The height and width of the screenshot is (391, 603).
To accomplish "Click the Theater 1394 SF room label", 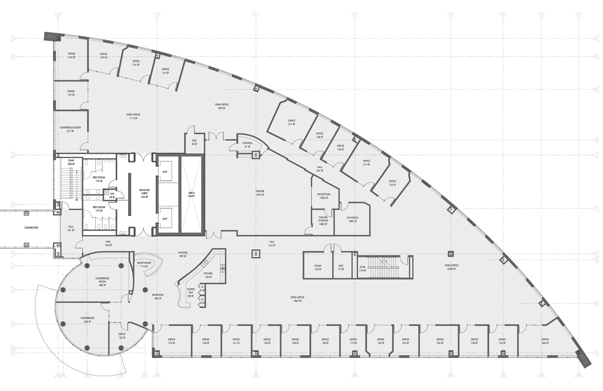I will click(x=260, y=193).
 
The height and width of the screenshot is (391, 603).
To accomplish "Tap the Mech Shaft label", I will click(x=191, y=195).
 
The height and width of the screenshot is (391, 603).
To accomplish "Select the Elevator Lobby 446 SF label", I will click(x=144, y=193).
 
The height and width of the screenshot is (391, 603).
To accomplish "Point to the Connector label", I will click(x=31, y=228).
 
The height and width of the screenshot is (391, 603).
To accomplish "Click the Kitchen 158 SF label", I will click(x=208, y=275).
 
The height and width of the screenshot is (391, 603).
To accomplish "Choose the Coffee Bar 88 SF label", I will click(x=191, y=293).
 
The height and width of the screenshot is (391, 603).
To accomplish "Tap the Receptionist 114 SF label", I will click(x=144, y=265).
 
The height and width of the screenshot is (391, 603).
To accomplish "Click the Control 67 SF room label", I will click(x=247, y=145).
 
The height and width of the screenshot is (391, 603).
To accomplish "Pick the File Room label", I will click(x=352, y=219).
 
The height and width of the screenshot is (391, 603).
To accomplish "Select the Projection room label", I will click(x=323, y=196).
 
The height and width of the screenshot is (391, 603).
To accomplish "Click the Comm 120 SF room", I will click(x=318, y=268).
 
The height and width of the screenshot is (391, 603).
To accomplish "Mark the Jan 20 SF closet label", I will click(x=112, y=195).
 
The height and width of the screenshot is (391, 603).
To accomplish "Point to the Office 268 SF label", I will click(x=545, y=341).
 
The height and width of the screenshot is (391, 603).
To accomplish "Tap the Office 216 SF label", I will click(x=71, y=55).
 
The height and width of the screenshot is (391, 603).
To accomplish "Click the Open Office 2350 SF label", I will click(x=451, y=267).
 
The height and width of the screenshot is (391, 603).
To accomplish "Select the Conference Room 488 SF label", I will click(x=102, y=282).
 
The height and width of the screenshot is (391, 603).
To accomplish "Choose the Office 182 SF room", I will click(x=440, y=341).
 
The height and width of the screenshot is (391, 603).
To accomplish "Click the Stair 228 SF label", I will click(x=71, y=162).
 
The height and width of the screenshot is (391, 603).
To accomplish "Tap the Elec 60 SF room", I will click(x=194, y=142).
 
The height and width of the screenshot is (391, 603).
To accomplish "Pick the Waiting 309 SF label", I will click(x=183, y=255).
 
